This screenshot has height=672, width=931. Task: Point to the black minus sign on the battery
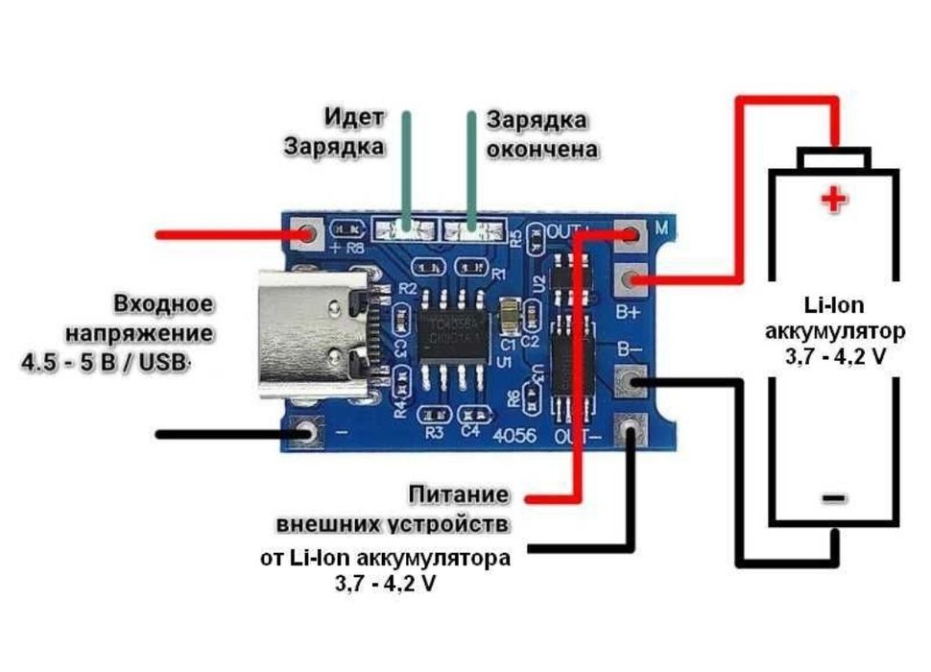pos(833,498)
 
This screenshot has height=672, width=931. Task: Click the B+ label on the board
pos(628,311)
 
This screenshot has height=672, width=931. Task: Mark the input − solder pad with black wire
pos(308,434)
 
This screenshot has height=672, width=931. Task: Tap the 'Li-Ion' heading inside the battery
pos(834,305)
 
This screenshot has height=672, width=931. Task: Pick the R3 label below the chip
pos(435,432)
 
